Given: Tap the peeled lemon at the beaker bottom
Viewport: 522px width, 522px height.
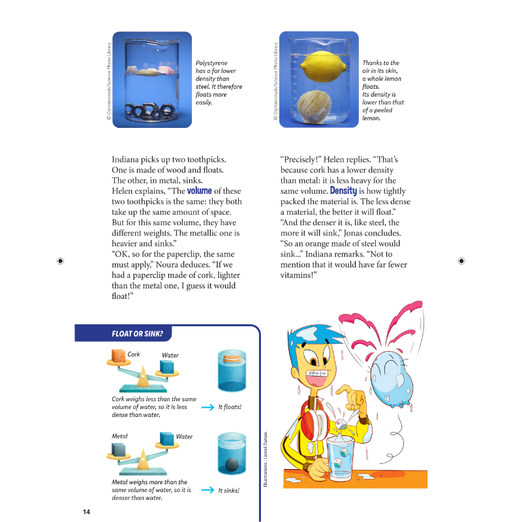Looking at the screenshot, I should click(316, 104).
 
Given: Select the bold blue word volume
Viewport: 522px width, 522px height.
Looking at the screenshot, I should click(200, 191).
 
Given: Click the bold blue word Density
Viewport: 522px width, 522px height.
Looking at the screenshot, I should click(343, 191).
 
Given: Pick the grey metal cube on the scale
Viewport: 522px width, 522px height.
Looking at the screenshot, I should click(118, 450).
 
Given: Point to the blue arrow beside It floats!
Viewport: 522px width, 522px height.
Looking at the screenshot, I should click(207, 407).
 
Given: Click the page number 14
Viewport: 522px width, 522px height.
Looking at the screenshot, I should click(86, 511).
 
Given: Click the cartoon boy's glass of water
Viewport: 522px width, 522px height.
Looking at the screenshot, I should click(339, 456).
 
